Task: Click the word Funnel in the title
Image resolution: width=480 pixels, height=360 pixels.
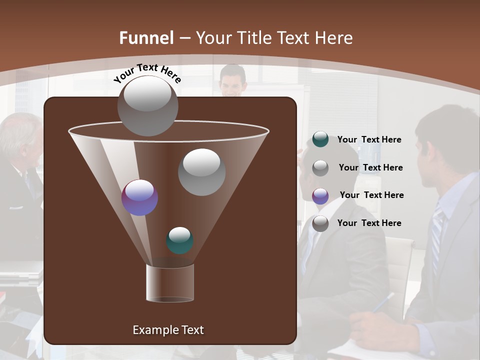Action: tap(146, 38)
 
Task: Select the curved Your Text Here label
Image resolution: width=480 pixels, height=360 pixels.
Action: tap(147, 73)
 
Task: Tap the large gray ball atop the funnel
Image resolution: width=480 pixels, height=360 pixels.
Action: tap(147, 105)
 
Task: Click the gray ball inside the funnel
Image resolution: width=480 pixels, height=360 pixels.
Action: tap(201, 172)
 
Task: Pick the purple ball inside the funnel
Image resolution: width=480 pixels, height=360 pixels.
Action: tap(139, 197)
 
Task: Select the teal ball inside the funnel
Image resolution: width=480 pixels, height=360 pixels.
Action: tap(179, 240)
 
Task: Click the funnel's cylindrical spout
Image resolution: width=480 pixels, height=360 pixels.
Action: tap(170, 283)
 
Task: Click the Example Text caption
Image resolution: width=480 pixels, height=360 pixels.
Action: tap(168, 330)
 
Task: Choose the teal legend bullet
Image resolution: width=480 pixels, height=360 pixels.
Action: tap(320, 139)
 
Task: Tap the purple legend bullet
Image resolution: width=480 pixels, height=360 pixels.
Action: tap(320, 195)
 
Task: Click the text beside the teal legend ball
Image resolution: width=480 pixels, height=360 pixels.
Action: tap(369, 139)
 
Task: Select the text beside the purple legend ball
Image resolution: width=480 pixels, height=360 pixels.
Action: tap(371, 195)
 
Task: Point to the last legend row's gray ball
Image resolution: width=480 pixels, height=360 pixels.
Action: tap(320, 223)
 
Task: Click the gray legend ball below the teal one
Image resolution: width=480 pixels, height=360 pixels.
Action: tap(320, 168)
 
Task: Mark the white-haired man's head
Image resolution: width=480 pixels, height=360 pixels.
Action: tap(20, 137)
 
